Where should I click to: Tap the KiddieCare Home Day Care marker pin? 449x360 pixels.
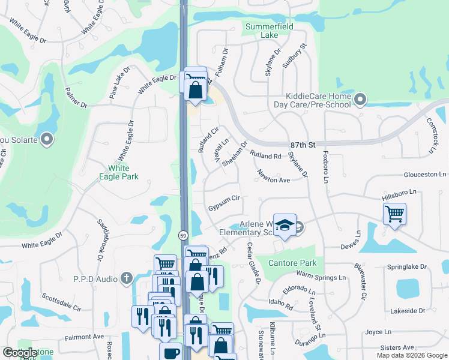[360, 99]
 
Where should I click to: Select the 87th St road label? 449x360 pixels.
[303, 145]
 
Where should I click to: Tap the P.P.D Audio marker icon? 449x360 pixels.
[126, 278]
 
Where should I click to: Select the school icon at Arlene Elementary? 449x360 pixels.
[285, 225]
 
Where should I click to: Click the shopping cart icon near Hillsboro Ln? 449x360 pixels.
[394, 213]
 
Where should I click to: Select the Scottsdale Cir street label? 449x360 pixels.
[61, 302]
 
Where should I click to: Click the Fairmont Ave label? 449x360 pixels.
[84, 337]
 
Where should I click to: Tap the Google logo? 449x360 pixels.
[20, 353]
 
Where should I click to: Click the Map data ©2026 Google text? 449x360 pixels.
[411, 355]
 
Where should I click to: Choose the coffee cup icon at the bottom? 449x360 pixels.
[170, 353]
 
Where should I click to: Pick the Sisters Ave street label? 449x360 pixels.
[397, 347]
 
